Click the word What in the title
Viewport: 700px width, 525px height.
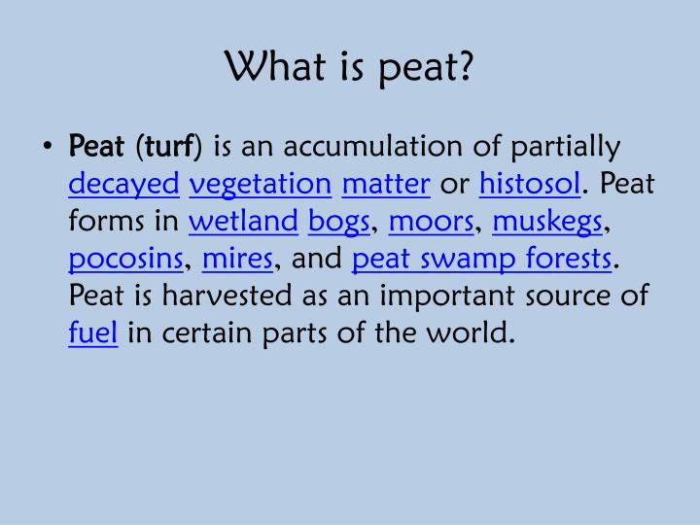tap(275, 66)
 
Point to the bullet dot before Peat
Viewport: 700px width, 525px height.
tap(48, 146)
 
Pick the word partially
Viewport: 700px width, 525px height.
tap(565, 147)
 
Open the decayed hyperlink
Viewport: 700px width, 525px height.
tap(124, 184)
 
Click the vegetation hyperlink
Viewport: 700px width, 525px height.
tap(261, 184)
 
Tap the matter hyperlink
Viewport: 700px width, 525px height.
tap(386, 183)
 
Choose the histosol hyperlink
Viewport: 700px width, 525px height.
tap(530, 183)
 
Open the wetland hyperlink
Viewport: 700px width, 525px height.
tap(243, 221)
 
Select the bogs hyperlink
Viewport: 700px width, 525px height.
tap(339, 222)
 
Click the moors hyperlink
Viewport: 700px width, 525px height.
tap(432, 222)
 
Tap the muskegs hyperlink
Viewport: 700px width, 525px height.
tap(547, 222)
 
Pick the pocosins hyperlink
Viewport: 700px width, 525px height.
tap(125, 259)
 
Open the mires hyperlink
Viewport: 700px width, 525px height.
tap(237, 258)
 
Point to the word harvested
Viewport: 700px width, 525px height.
tap(227, 296)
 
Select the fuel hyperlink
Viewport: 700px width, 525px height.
tap(93, 332)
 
